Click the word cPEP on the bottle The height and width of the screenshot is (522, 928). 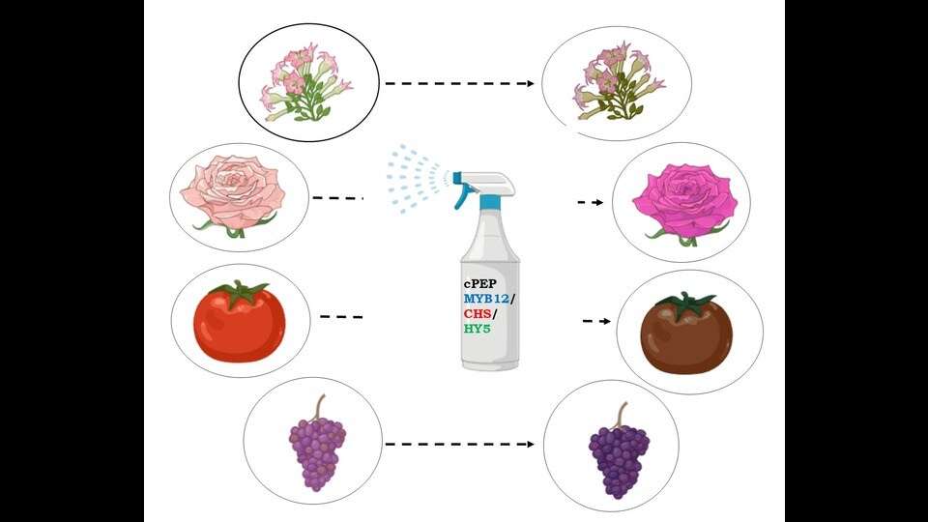[x=480, y=284]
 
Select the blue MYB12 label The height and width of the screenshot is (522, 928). [x=486, y=299]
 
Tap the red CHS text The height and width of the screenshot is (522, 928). [x=477, y=313]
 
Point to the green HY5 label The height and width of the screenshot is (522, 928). [x=477, y=329]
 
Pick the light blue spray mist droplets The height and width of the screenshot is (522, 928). [x=417, y=178]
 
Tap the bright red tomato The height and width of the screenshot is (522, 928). [x=240, y=322]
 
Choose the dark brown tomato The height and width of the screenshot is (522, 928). [x=686, y=333]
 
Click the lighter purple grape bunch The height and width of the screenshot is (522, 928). [x=318, y=443]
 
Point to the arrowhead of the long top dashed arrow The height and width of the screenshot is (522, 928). [x=531, y=83]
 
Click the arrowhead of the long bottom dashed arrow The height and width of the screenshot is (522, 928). [x=531, y=444]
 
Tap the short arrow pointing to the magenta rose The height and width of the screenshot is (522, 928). [x=591, y=202]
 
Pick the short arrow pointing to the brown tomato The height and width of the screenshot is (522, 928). [x=596, y=321]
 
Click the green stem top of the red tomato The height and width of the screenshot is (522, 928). [x=241, y=292]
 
